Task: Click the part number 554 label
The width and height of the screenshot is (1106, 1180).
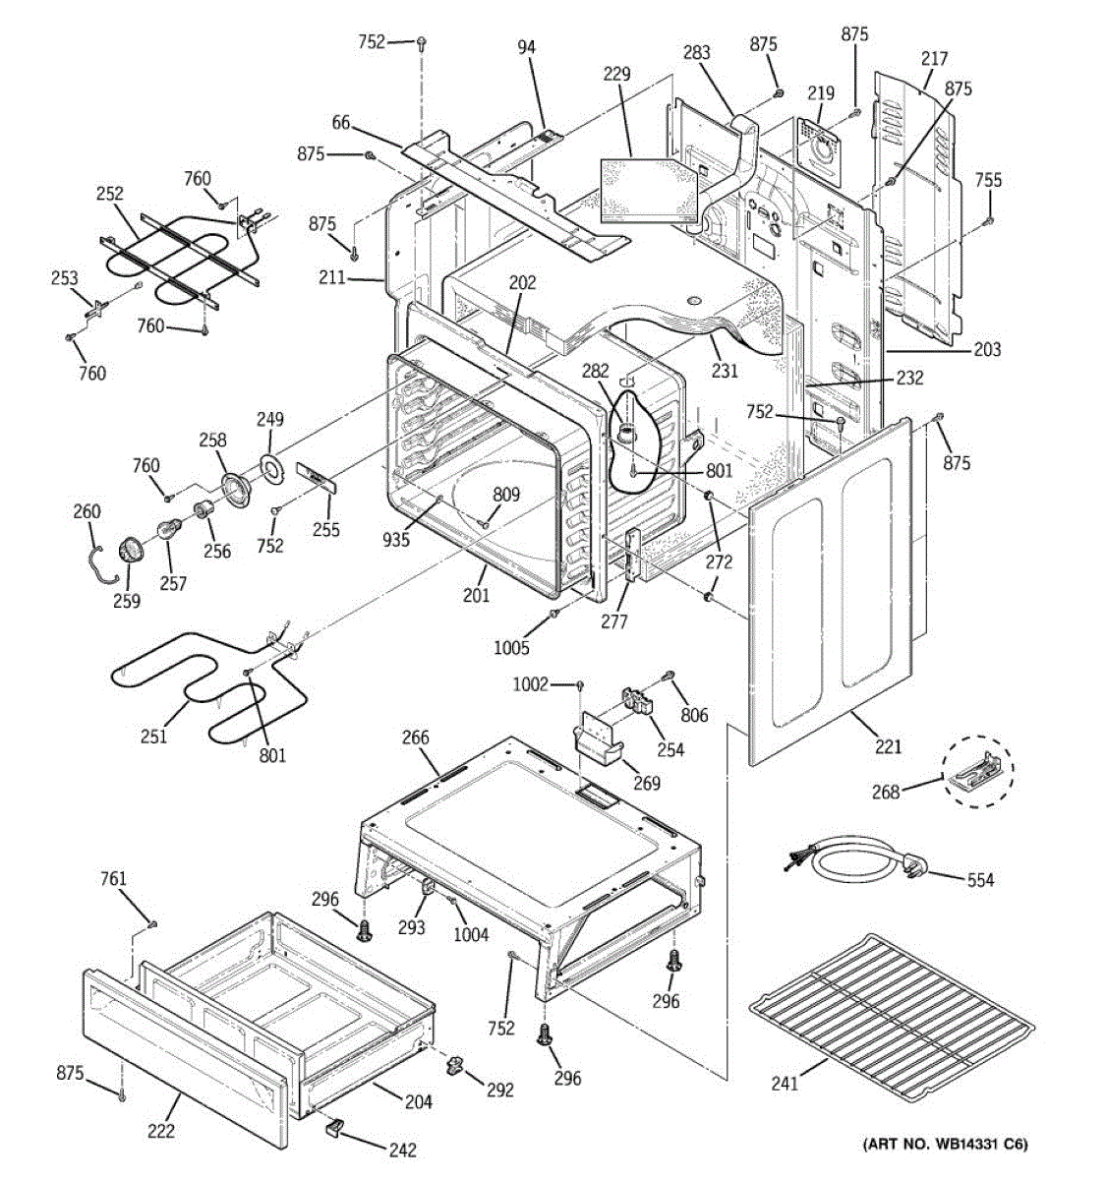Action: pyautogui.click(x=980, y=879)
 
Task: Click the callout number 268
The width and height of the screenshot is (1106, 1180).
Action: pyautogui.click(x=885, y=791)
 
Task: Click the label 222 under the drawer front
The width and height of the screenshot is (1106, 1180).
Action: pyautogui.click(x=160, y=1131)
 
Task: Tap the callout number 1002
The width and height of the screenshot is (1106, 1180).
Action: pyautogui.click(x=530, y=684)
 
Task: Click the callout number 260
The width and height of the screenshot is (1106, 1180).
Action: pyautogui.click(x=87, y=511)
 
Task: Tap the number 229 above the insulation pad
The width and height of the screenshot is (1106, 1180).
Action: pyautogui.click(x=617, y=75)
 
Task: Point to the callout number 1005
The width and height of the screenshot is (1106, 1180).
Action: pyautogui.click(x=511, y=648)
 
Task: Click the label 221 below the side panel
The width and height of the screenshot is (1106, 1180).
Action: pyautogui.click(x=888, y=746)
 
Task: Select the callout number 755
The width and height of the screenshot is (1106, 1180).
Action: pyautogui.click(x=988, y=180)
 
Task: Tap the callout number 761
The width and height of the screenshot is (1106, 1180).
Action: pyautogui.click(x=114, y=879)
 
